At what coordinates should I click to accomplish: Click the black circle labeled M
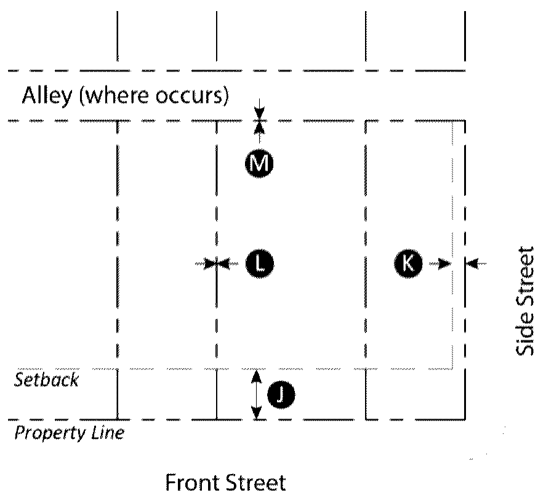[x=259, y=164]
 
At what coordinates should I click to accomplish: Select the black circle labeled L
[x=259, y=263]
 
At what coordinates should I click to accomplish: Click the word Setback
[x=47, y=380]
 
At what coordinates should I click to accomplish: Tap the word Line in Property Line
[x=107, y=433]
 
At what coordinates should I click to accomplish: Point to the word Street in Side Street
[x=524, y=278]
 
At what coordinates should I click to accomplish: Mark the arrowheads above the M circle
[x=260, y=120]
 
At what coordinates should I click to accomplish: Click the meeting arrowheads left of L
[x=216, y=263]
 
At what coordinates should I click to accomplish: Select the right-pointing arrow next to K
[x=442, y=263]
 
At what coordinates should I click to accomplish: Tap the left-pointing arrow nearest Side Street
[x=475, y=263]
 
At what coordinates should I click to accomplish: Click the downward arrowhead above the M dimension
[x=260, y=111]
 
